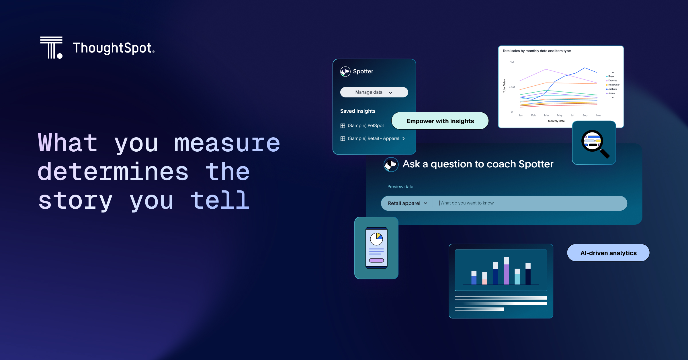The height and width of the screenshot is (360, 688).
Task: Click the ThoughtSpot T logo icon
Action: (x=51, y=48)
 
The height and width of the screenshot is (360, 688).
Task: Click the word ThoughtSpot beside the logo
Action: (x=114, y=48)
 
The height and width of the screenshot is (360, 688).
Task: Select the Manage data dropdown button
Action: (x=374, y=92)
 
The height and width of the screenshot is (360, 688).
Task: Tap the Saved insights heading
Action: (x=358, y=111)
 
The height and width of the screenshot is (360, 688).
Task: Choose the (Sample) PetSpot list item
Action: (x=362, y=126)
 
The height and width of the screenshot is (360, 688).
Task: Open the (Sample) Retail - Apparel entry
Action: (x=373, y=138)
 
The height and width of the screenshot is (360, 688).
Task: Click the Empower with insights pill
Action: (x=440, y=121)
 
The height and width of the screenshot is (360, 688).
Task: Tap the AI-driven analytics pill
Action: (x=608, y=253)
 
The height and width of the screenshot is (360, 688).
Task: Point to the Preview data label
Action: (x=400, y=187)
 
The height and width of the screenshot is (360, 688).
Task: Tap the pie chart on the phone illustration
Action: (x=376, y=239)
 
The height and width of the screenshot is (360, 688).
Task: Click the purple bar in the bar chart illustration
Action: (x=506, y=274)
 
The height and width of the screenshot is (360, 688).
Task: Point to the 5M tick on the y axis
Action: (x=512, y=62)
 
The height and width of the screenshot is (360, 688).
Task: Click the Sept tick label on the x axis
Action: (x=585, y=116)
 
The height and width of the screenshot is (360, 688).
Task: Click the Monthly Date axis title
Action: (x=556, y=121)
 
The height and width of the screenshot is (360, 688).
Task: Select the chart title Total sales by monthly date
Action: (x=537, y=51)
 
